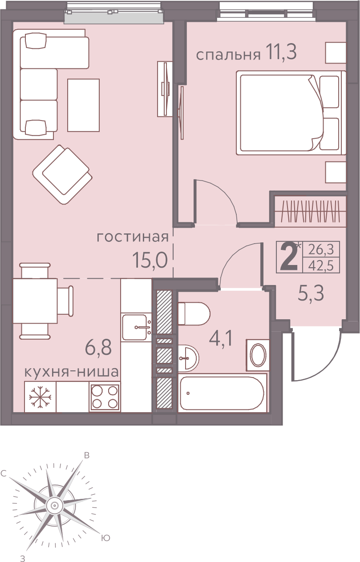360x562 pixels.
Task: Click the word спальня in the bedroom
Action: click(228, 55)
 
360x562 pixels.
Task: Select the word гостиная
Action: click(133, 237)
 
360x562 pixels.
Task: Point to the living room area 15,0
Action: click(150, 260)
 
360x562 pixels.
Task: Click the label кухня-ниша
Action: click(72, 372)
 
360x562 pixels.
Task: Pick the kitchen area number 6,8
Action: click(98, 348)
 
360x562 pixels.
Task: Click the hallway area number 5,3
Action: click(311, 293)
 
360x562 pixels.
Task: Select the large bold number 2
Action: click(288, 257)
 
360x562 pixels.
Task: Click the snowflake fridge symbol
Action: click(40, 397)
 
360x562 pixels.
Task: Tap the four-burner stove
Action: click(105, 397)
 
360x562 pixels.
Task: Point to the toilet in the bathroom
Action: click(194, 313)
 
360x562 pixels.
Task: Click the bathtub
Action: click(222, 393)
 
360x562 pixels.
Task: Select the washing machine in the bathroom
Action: click(258, 355)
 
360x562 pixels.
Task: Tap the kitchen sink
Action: click(136, 327)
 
